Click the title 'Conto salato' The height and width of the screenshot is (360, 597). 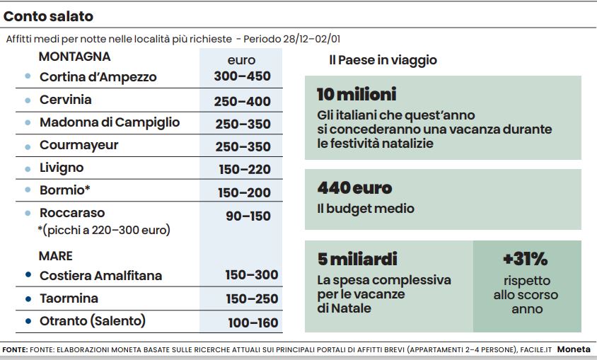click(x=49, y=16)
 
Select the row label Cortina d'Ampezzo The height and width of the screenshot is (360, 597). click(x=98, y=76)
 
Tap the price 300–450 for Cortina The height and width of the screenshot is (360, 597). click(x=242, y=76)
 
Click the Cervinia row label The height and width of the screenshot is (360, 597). click(x=65, y=100)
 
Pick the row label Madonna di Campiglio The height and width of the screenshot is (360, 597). click(x=110, y=122)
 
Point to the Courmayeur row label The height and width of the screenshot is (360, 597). click(x=79, y=145)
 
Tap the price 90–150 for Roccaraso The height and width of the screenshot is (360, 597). click(x=248, y=216)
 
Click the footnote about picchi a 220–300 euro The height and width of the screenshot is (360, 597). click(x=104, y=230)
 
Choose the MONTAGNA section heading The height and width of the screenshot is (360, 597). click(x=74, y=57)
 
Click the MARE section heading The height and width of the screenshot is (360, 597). click(x=56, y=255)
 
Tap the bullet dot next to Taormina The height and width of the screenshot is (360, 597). click(x=28, y=298)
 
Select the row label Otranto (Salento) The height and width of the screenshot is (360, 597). click(x=93, y=320)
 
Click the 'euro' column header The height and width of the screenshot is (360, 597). click(x=241, y=60)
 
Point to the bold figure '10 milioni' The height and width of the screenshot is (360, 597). click(x=357, y=94)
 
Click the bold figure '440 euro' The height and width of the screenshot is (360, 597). click(x=354, y=188)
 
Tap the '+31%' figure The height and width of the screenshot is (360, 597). click(x=525, y=259)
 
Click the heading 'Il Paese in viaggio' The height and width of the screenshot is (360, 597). click(x=383, y=60)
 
